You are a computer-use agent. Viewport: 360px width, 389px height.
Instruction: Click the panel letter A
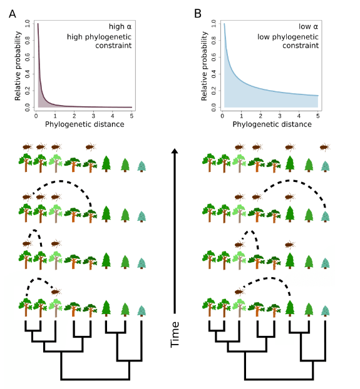pyautogui.click(x=13, y=14)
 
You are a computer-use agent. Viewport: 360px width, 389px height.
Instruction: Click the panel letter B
pyautogui.click(x=198, y=14)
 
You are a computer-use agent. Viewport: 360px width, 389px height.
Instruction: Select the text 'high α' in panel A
pyautogui.click(x=120, y=26)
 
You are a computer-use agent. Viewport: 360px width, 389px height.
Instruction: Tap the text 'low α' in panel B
pyautogui.click(x=309, y=26)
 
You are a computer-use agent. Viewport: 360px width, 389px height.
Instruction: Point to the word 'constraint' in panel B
pyautogui.click(x=301, y=46)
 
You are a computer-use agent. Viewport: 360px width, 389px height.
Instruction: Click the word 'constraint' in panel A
pyautogui.click(x=113, y=46)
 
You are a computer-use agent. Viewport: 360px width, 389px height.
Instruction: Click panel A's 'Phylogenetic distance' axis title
pyautogui.click(x=85, y=124)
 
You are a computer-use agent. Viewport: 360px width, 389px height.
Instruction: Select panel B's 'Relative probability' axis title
pyautogui.click(x=204, y=66)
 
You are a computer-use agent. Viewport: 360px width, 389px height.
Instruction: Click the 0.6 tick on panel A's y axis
pyautogui.click(x=28, y=58)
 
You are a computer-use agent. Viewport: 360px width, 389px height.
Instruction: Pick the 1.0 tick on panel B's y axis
pyautogui.click(x=213, y=24)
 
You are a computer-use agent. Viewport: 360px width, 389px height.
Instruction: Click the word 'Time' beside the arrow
pyautogui.click(x=175, y=335)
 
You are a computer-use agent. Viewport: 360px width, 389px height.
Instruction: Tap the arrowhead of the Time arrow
pyautogui.click(x=175, y=151)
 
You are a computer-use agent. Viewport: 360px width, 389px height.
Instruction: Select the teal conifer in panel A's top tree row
pyautogui.click(x=141, y=166)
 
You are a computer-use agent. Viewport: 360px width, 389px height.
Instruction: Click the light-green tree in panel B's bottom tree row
pyautogui.click(x=239, y=308)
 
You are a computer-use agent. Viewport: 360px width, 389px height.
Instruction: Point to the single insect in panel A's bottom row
pyautogui.click(x=56, y=292)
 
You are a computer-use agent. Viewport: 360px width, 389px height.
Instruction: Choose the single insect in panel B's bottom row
pyautogui.click(x=240, y=292)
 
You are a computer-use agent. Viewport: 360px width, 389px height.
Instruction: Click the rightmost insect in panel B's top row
pyautogui.click(x=324, y=147)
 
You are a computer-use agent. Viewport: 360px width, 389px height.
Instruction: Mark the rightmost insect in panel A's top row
pyautogui.click(x=91, y=147)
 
